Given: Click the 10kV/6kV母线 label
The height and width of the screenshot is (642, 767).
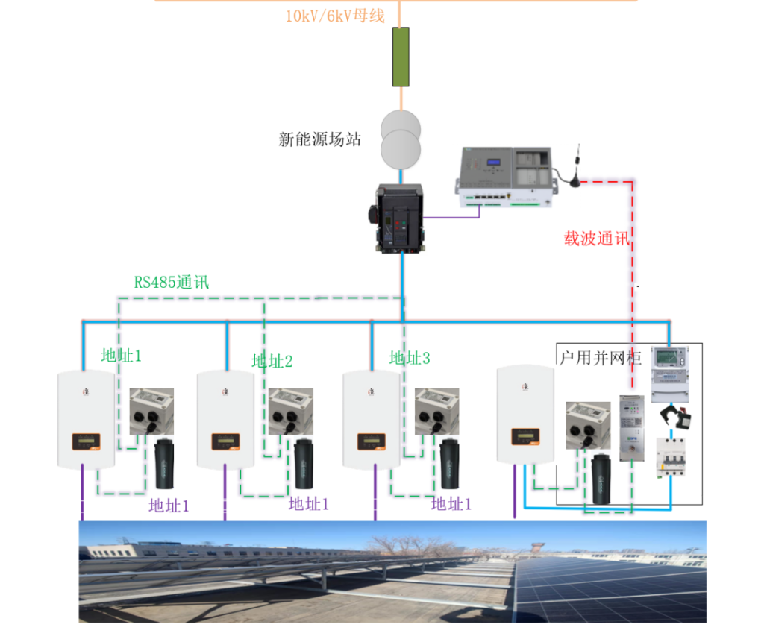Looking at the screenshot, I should pyautogui.click(x=335, y=16).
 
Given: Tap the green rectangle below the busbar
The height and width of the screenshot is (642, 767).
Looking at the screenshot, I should pyautogui.click(x=401, y=57).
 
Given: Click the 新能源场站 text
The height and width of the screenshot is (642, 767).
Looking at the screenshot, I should pyautogui.click(x=319, y=139).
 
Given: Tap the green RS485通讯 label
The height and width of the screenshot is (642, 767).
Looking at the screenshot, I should pyautogui.click(x=172, y=283).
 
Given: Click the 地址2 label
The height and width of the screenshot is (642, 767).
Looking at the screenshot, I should pyautogui.click(x=272, y=362).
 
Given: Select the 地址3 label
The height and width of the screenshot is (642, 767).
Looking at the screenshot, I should pyautogui.click(x=410, y=359).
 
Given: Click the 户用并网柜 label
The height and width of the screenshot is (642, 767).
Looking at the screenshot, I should pyautogui.click(x=600, y=358).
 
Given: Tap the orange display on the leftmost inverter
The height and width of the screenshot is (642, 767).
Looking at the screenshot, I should pyautogui.click(x=86, y=441).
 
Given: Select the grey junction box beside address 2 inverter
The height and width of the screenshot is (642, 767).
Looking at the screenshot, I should pyautogui.click(x=290, y=410).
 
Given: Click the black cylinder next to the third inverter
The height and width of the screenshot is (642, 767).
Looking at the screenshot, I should pyautogui.click(x=449, y=464).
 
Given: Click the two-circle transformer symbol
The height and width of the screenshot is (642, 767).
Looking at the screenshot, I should pyautogui.click(x=401, y=139).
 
